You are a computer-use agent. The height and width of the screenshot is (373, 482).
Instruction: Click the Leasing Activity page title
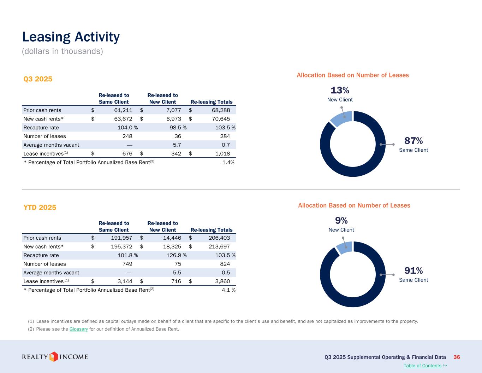pos(71,37)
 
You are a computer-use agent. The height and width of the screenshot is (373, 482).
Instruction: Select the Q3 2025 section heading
pos(38,79)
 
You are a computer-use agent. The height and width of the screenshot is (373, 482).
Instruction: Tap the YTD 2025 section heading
pos(40,208)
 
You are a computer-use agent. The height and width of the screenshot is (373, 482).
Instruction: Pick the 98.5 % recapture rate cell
pos(178,128)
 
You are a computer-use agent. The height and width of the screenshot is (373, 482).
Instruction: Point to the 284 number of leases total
pos(225,136)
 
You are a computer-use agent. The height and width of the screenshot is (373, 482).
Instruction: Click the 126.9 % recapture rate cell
pos(176,255)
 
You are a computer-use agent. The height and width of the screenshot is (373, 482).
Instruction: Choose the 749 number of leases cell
pos(127,264)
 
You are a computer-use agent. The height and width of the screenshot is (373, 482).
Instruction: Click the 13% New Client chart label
pos(340,94)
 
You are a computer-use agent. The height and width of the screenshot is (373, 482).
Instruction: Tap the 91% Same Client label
pos(413,275)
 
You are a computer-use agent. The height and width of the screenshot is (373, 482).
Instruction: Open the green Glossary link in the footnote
pos(78,329)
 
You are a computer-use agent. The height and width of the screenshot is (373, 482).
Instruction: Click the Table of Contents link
pos(422,366)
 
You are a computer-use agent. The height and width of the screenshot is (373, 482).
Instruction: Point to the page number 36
pos(457,357)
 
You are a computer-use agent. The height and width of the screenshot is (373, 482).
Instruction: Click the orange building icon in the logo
pos(54,357)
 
